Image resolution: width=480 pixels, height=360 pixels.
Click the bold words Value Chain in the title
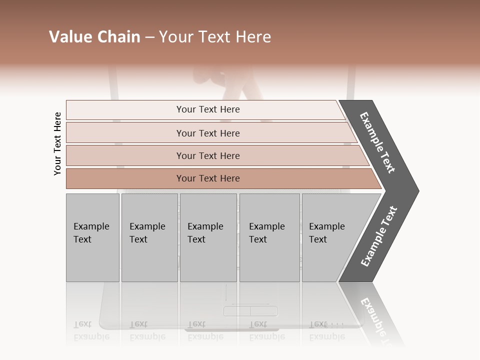pos(94,37)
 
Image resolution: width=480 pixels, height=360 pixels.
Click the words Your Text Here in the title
pos(215,37)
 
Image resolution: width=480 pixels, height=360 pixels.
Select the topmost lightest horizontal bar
pos(207,109)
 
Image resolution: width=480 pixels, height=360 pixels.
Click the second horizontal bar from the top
pos(207,133)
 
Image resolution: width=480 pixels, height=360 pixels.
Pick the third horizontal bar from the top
pos(207,155)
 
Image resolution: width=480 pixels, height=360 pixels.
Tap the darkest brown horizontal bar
pos(207,178)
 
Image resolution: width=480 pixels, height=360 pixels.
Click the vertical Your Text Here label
pos(57,143)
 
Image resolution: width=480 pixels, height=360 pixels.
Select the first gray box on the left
pos(92,237)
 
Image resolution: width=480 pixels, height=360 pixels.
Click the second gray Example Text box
pos(149,237)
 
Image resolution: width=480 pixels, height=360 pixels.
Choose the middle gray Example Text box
pos(208,237)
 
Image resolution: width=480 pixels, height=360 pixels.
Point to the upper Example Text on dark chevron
pos(378,142)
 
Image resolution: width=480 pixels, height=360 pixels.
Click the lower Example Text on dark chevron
pos(379,236)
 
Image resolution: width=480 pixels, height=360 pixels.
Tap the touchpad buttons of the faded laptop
pos(250,311)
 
